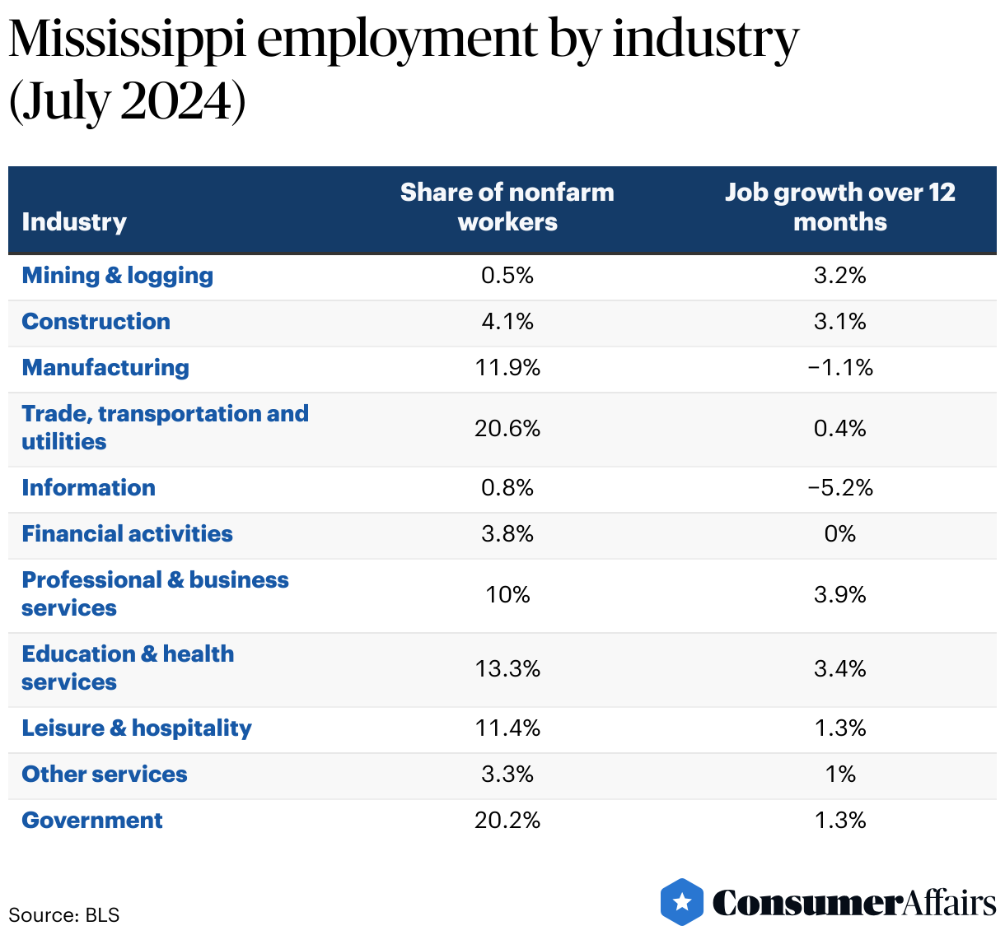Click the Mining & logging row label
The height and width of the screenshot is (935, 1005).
pos(117,276)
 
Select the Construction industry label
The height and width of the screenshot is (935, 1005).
pos(96,322)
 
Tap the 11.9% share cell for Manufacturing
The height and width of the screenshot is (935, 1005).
pos(507,368)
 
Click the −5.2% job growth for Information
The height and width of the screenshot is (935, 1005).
pos(840,488)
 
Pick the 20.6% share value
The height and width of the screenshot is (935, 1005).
pos(507,429)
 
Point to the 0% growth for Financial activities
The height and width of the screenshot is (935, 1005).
pos(840,534)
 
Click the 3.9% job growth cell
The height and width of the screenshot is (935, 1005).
pos(840,595)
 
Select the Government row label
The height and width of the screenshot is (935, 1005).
pos(92,821)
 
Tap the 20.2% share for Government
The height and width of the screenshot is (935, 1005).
pos(507,821)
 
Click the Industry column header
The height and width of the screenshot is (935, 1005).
pos(74,222)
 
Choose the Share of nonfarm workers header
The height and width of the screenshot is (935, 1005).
pos(507,207)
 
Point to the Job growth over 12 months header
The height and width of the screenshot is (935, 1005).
pos(840,207)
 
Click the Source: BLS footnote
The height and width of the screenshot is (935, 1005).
pos(64,915)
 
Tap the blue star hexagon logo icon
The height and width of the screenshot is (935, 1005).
pos(682,902)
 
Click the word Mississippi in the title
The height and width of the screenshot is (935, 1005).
pos(128,40)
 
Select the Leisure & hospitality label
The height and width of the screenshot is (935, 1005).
pos(137,728)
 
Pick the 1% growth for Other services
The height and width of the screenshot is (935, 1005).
pos(840,775)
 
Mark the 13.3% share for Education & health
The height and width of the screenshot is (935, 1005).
pos(507,669)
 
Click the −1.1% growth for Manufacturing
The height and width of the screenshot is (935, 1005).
pos(840,368)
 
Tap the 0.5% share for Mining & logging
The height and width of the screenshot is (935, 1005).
pos(507,276)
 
